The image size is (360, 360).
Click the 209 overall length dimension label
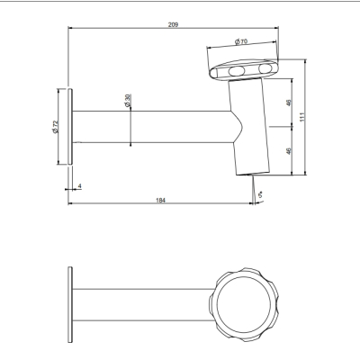(173, 24)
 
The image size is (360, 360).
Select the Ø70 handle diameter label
(241, 41)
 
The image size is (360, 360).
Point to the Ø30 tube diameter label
(128, 101)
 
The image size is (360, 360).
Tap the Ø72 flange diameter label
(55, 127)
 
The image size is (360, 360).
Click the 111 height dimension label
(302, 117)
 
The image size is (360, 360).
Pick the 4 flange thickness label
(79, 186)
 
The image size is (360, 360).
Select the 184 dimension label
(161, 201)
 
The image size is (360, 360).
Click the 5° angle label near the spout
(261, 194)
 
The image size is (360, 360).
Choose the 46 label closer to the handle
(289, 103)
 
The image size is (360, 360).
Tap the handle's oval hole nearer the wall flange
(237, 71)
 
